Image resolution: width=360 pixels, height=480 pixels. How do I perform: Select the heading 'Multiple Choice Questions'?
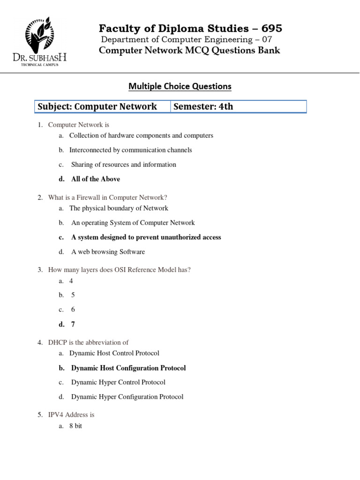[180, 86]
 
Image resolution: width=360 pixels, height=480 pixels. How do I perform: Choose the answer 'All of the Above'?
[96, 179]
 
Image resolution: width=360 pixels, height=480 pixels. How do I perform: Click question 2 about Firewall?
[107, 197]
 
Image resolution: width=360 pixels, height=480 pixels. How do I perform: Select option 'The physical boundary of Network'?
[119, 208]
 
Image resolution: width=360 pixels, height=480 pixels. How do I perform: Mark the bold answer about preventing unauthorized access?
[146, 237]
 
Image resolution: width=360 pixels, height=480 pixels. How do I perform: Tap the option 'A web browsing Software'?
[108, 252]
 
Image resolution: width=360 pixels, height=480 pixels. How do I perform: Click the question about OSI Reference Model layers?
[119, 270]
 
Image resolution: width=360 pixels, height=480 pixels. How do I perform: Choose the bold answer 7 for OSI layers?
[73, 324]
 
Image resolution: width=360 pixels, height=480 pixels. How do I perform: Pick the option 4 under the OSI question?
[71, 281]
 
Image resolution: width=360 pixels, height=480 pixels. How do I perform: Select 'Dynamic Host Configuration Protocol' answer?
[128, 368]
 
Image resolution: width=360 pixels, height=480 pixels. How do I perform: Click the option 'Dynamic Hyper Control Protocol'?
[118, 382]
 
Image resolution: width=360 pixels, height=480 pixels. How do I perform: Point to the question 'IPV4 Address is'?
[71, 415]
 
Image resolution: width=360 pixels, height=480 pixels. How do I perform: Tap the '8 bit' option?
[75, 426]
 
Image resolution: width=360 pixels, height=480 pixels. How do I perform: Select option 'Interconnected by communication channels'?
[130, 150]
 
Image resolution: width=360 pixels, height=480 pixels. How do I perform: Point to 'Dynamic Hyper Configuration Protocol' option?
[127, 397]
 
